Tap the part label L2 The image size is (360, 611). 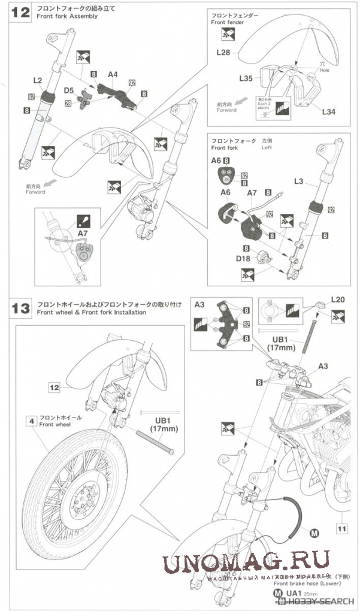coord(37,80)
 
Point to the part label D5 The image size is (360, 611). coord(69,90)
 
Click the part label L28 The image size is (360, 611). coord(222,53)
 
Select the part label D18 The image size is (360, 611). coord(243,258)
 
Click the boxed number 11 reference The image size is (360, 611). coord(341,528)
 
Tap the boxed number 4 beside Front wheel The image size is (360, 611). coord(29,421)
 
